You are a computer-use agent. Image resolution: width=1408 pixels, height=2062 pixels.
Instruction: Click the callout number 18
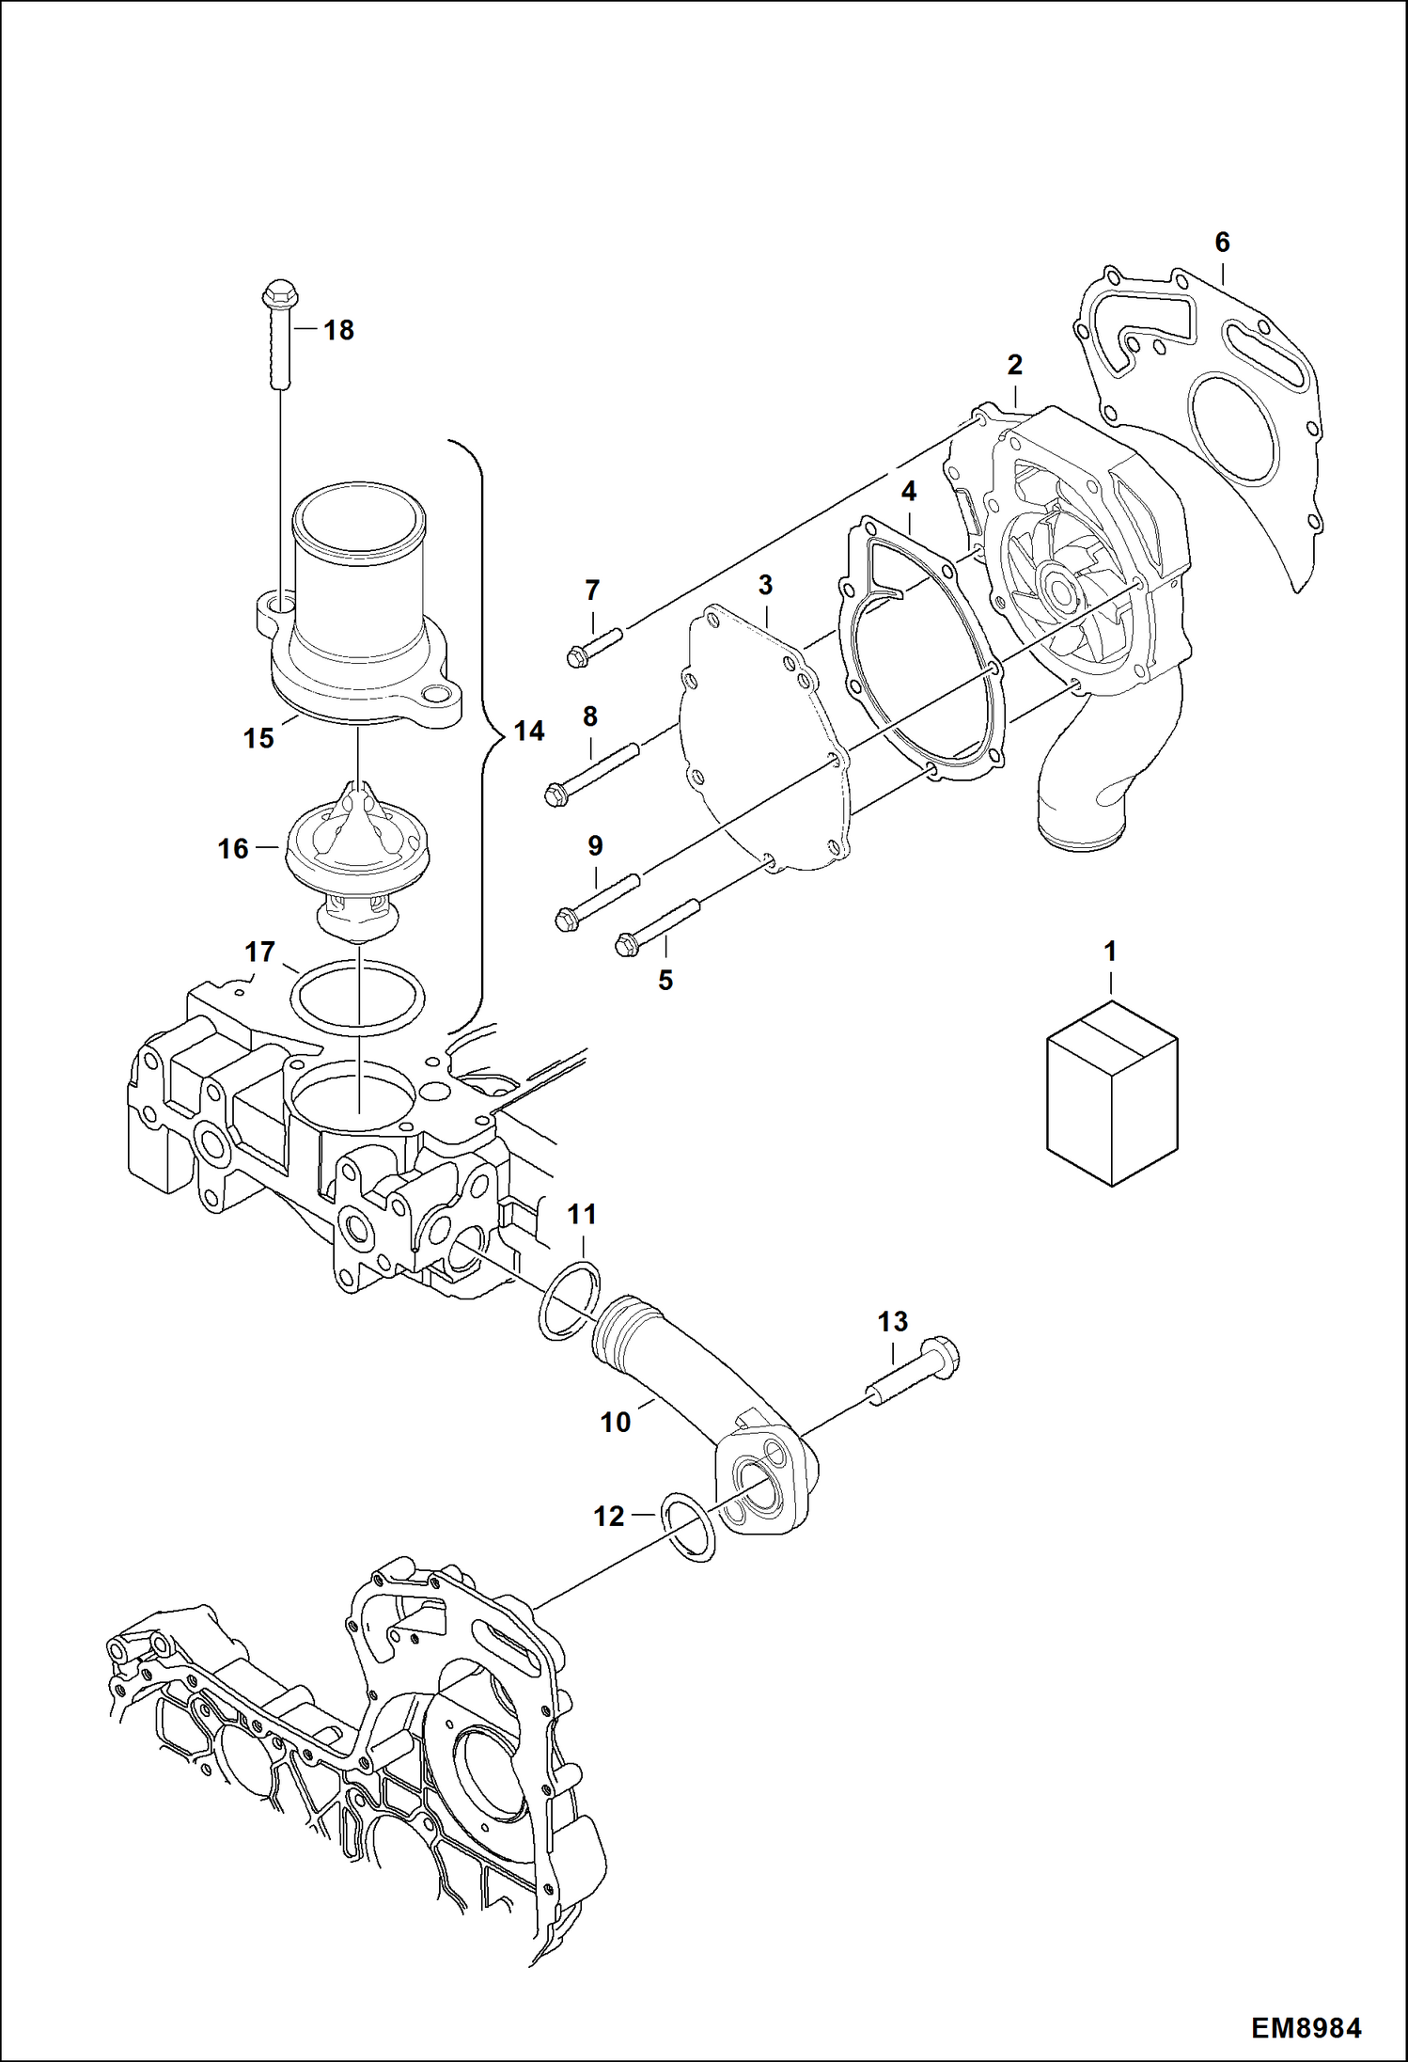[338, 330]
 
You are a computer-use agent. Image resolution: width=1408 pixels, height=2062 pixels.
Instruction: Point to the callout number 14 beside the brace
[529, 731]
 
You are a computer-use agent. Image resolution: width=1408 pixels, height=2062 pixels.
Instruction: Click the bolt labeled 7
[596, 646]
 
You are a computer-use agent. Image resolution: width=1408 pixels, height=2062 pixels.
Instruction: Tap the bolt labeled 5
[658, 923]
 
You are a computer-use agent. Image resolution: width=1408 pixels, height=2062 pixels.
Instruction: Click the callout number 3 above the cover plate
[765, 585]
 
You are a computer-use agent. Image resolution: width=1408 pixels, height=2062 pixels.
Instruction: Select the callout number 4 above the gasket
[908, 492]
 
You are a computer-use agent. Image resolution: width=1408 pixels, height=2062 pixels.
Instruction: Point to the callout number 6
[1221, 243]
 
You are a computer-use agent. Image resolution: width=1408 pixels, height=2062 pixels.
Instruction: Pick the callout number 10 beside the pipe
[616, 1423]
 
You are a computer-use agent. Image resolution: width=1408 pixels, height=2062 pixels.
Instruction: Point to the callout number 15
[258, 738]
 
